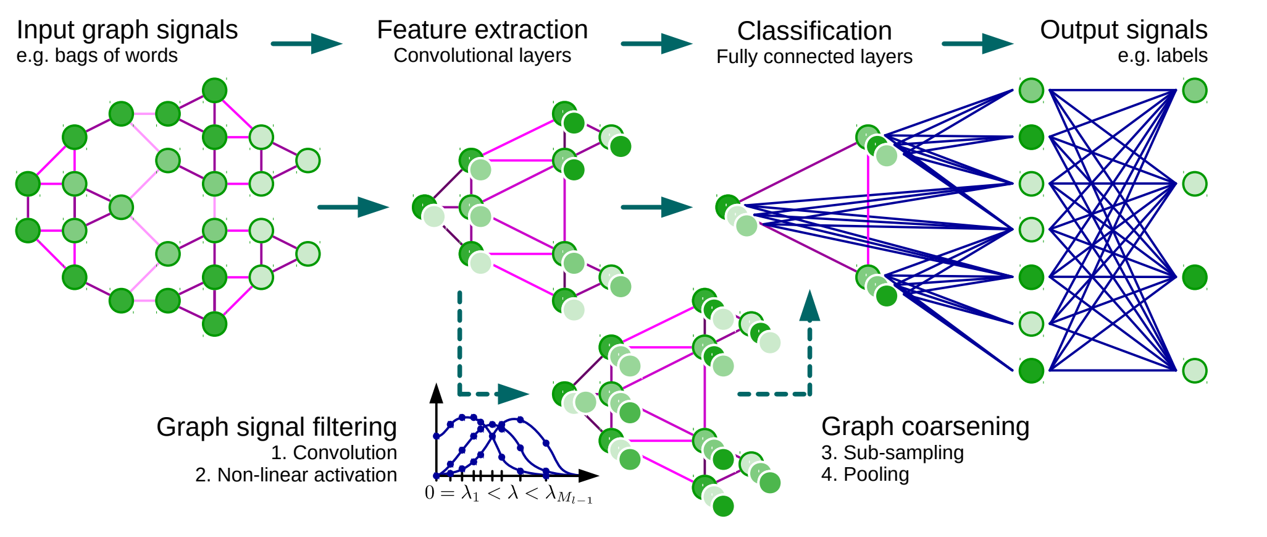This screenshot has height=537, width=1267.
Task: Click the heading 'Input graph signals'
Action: pyautogui.click(x=127, y=30)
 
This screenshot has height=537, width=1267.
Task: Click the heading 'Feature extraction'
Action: pyautogui.click(x=482, y=30)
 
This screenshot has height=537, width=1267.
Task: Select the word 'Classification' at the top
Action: pyautogui.click(x=814, y=32)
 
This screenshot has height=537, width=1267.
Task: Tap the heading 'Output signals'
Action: pyautogui.click(x=1123, y=30)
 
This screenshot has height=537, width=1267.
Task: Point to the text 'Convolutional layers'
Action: pyautogui.click(x=482, y=56)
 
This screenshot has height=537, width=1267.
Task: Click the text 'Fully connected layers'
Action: pyautogui.click(x=814, y=57)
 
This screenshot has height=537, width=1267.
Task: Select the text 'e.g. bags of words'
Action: pyautogui.click(x=97, y=56)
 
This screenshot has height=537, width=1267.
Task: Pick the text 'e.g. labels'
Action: pyautogui.click(x=1162, y=56)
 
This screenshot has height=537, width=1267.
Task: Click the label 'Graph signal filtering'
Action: pyautogui.click(x=276, y=427)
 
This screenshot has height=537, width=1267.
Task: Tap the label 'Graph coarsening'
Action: pyautogui.click(x=925, y=426)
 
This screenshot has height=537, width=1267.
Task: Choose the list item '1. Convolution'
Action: pyautogui.click(x=333, y=452)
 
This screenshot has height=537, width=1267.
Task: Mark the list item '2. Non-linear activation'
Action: pyautogui.click(x=296, y=475)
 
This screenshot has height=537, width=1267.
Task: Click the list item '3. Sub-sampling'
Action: pyautogui.click(x=892, y=452)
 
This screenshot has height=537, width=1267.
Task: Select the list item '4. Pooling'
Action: pyautogui.click(x=864, y=474)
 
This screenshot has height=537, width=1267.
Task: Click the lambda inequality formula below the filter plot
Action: pyautogui.click(x=508, y=494)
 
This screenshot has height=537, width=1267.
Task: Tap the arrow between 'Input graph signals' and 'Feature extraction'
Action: pyautogui.click(x=306, y=43)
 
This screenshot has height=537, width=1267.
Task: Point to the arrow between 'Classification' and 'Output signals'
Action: pyautogui.click(x=977, y=43)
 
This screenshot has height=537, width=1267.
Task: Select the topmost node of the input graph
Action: pyautogui.click(x=215, y=90)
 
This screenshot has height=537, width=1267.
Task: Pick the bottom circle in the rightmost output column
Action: pyautogui.click(x=1195, y=371)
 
